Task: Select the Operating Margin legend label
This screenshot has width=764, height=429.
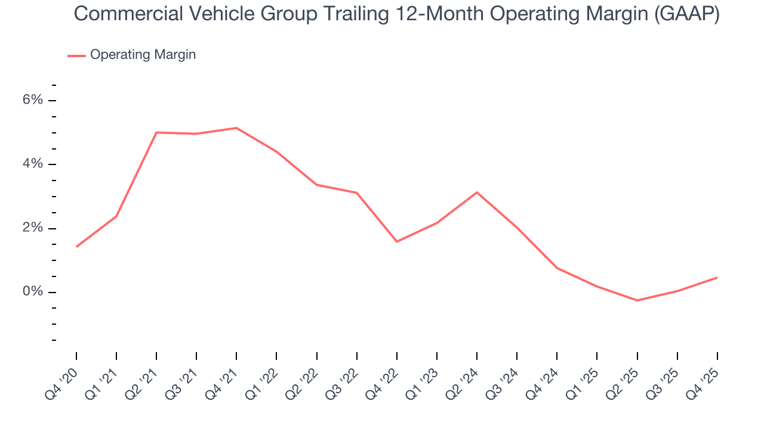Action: (143, 55)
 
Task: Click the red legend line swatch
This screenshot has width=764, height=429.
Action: (76, 55)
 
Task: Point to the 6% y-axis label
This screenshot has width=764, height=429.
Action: (33, 100)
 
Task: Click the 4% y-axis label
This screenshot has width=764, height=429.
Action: (33, 164)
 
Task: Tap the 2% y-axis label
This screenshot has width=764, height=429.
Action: (33, 228)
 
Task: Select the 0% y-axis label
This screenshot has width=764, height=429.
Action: (33, 292)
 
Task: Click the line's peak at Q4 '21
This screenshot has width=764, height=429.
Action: (236, 128)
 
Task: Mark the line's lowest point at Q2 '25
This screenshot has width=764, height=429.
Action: (637, 300)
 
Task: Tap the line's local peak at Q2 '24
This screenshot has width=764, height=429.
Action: (477, 192)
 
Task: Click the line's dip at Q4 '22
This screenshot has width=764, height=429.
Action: (397, 241)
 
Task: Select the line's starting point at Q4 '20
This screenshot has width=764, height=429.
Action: (76, 247)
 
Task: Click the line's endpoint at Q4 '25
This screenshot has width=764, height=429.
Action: (717, 278)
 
